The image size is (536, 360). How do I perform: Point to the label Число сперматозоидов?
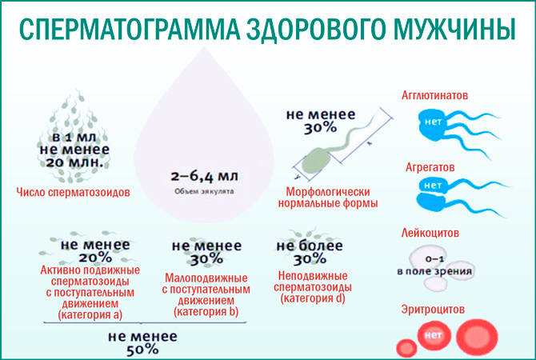(74, 193)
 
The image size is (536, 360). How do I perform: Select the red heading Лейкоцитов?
(432, 234)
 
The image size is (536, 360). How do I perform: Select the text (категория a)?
(90, 315)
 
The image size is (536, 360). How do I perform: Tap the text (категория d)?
(313, 298)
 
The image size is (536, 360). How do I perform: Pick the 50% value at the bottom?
(141, 350)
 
